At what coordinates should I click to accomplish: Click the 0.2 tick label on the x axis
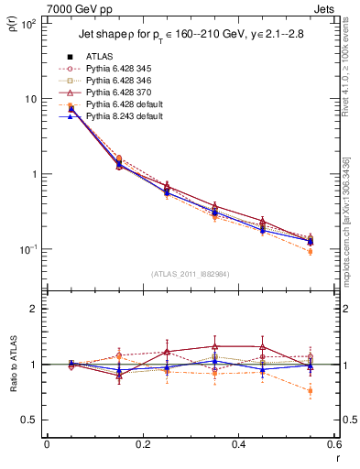coord(141,445)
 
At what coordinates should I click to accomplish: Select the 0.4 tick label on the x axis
coord(237,445)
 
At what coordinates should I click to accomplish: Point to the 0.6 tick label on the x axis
coord(333,445)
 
